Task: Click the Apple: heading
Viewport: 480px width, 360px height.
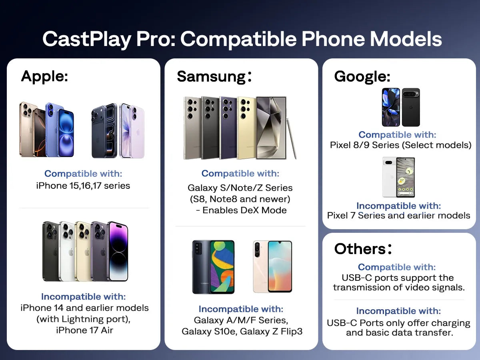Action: coord(44,76)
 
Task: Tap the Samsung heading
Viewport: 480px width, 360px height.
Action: coord(214,76)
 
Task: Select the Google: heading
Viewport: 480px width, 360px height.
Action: coord(362,76)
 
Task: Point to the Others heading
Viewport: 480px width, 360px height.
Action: coord(363,249)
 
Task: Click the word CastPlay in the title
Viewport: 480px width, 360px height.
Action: coord(87,39)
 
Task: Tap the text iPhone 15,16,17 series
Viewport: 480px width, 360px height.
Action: coord(83,186)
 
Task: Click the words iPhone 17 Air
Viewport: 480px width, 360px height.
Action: coord(84,330)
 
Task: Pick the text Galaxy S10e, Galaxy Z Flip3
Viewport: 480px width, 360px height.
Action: coord(241,332)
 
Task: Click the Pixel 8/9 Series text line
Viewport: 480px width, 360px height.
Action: coord(400,145)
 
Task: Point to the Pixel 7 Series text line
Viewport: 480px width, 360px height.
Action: coord(398,216)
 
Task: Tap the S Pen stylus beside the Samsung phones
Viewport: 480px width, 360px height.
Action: coord(292,138)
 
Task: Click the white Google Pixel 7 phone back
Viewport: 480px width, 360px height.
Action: coord(390,177)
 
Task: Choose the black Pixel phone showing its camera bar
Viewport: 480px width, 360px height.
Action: coord(411,107)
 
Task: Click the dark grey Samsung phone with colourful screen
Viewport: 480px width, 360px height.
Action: coord(213,267)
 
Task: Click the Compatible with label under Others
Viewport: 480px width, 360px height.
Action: coord(397,267)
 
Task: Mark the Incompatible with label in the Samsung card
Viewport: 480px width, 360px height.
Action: coord(241,309)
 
